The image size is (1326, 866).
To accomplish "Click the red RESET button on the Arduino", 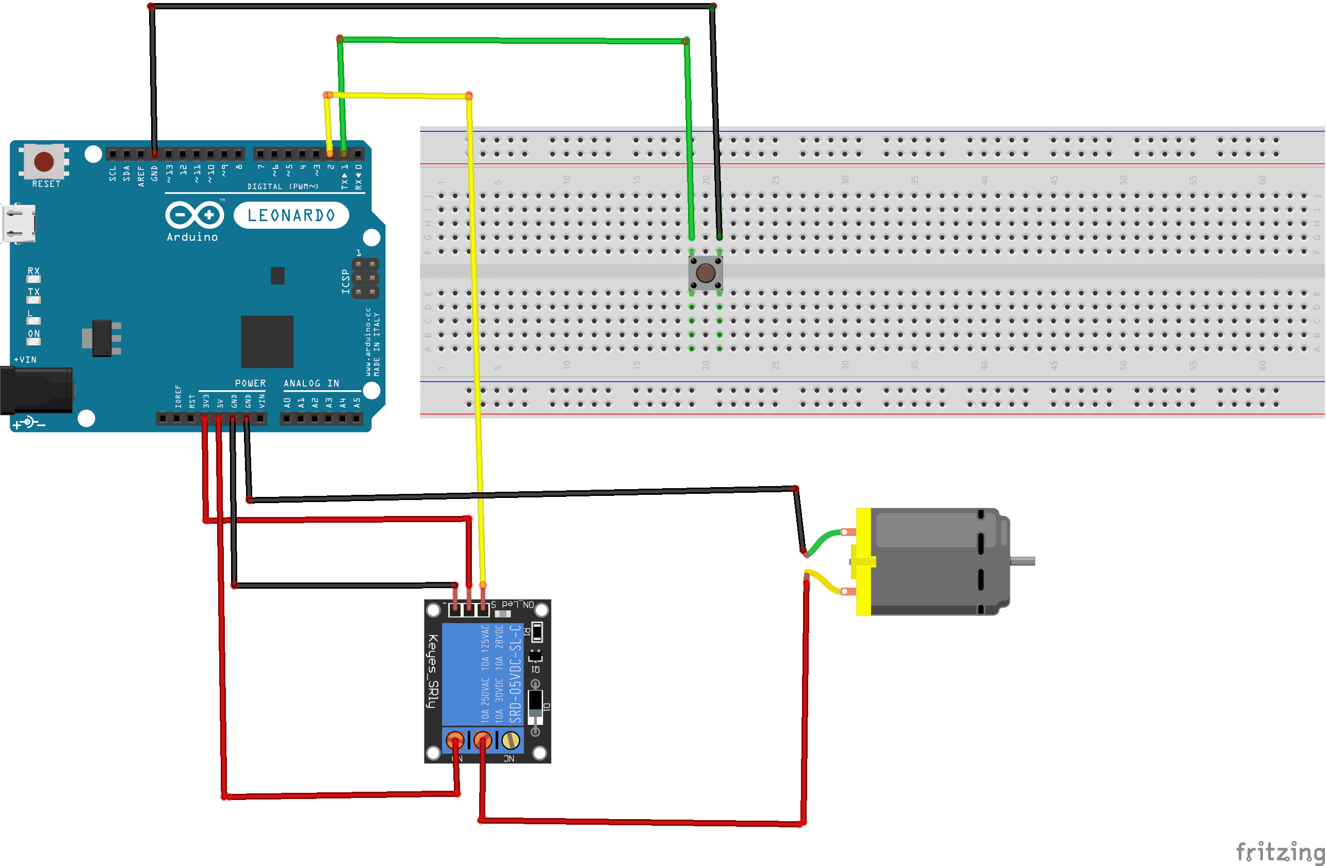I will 44,161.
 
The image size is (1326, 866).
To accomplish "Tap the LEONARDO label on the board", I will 291,215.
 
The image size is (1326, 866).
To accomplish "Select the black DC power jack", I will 36,390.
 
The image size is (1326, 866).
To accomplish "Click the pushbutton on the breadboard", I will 706,273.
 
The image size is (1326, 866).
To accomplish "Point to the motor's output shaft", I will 1023,561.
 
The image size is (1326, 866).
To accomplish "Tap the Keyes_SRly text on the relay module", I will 433,671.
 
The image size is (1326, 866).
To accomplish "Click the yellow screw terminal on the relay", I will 511,740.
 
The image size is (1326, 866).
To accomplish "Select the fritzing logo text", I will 1280,852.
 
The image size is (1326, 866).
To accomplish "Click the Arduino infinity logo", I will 194,215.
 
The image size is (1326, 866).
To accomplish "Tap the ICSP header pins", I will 365,278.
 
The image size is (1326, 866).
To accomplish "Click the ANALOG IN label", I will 311,383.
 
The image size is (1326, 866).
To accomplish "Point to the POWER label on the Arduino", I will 250,383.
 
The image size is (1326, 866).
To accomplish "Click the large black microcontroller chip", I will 267,341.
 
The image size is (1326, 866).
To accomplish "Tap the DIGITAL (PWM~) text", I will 283,187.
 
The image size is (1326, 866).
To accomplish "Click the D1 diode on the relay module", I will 535,705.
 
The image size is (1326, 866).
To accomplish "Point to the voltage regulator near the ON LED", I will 103,338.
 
